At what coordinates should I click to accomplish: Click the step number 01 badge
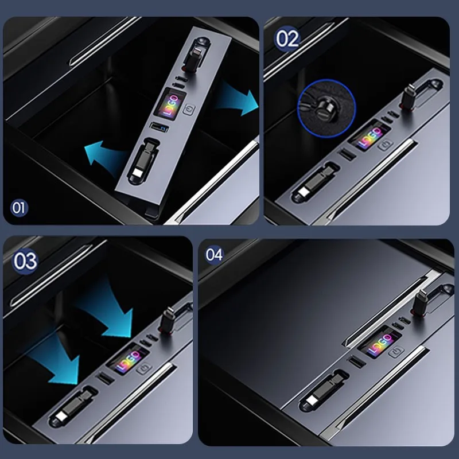pos(19,208)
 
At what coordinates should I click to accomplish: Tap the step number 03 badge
pos(25,261)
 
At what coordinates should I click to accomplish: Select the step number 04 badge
pos(214,255)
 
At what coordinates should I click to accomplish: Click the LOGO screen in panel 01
pos(170,104)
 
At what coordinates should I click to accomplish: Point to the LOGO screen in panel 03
pos(128,359)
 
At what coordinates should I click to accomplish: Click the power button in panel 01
pos(189,110)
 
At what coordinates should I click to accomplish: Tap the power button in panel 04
pos(396,351)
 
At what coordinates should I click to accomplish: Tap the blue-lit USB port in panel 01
pos(160,127)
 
